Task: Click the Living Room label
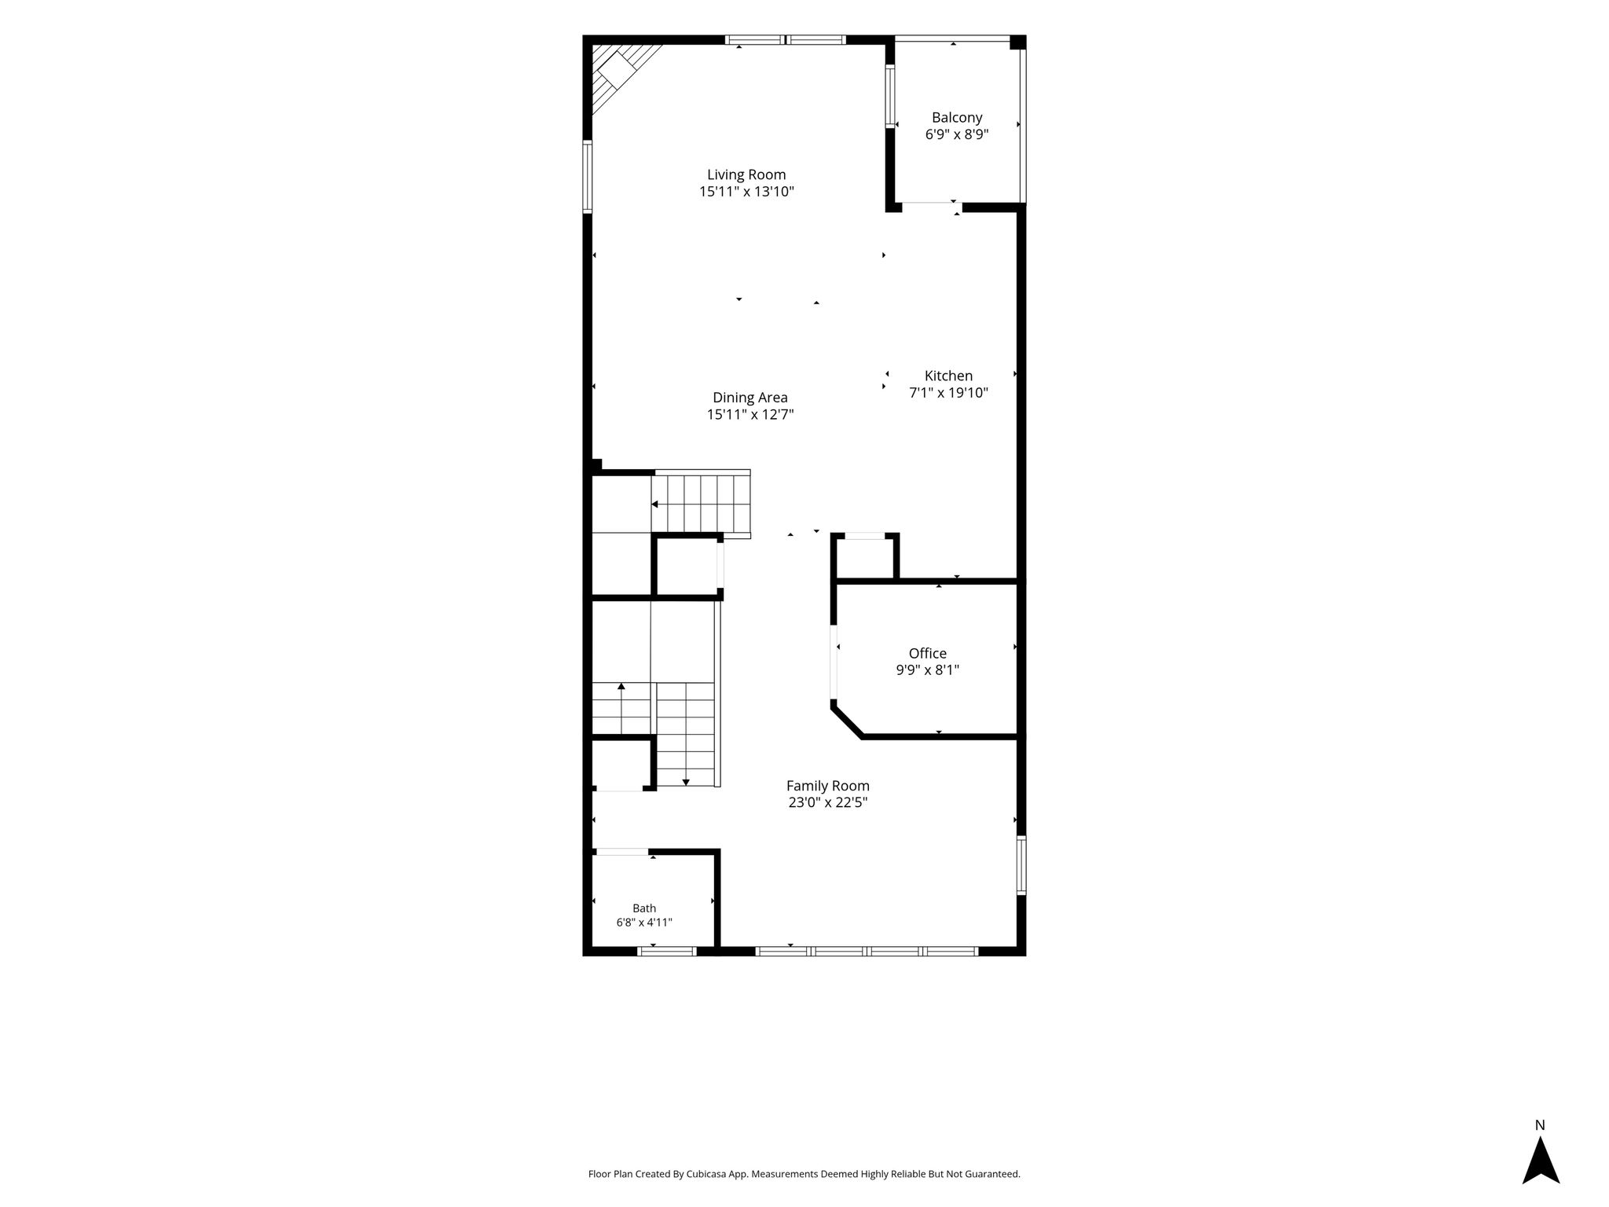pos(746,174)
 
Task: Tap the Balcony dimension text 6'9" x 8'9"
pos(957,134)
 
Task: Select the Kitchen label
pos(948,376)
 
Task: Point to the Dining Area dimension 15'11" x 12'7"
pos(750,414)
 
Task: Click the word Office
pos(928,653)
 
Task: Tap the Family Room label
pos(828,786)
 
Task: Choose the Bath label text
pos(644,908)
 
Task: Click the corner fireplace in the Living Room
pos(621,75)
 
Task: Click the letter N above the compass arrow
pos(1540,1125)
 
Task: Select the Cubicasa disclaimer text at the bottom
pos(804,1174)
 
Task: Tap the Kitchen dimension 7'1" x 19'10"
pos(948,392)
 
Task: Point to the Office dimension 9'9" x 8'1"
pos(928,670)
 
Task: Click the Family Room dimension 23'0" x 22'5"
pos(828,802)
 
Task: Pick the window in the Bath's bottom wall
pos(666,952)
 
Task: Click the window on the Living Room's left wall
pos(587,176)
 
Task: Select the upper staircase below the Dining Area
pos(701,504)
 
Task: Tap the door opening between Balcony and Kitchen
pos(932,207)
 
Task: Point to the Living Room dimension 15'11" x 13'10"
pos(746,192)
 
